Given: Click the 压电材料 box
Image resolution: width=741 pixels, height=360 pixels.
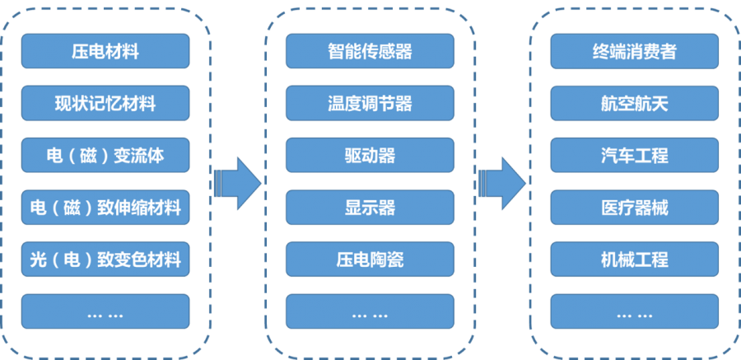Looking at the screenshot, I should click(x=105, y=51).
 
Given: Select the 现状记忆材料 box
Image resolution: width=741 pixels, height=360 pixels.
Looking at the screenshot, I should click(x=105, y=103).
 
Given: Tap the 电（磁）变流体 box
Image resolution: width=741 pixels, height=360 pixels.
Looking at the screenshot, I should click(x=105, y=155).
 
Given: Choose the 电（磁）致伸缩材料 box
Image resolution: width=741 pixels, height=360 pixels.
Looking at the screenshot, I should click(x=105, y=207).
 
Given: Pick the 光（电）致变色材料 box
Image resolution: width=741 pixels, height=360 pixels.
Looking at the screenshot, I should click(x=105, y=259).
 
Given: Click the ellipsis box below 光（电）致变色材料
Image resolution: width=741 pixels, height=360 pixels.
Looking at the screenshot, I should click(x=105, y=311).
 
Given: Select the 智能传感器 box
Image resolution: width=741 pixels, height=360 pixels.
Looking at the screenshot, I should click(x=370, y=51).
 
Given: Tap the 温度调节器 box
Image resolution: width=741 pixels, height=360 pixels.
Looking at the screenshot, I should click(x=370, y=103).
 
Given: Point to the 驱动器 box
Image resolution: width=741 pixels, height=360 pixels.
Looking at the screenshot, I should click(x=370, y=155).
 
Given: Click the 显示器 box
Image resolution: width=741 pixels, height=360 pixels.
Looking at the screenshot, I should click(x=370, y=207).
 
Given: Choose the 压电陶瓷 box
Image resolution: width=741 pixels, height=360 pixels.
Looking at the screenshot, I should click(x=370, y=259).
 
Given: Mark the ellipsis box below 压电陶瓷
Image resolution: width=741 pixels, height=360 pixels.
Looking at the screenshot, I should click(x=370, y=311).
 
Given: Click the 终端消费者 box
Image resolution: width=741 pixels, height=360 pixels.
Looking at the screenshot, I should click(x=635, y=51).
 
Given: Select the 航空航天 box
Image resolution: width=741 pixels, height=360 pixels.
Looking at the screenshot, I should click(x=635, y=103).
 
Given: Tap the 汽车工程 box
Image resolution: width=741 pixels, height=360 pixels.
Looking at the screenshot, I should click(x=635, y=155).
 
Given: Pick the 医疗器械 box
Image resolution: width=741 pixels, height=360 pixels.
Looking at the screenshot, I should click(x=635, y=207).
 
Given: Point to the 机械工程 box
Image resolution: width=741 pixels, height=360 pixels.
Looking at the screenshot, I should click(x=635, y=259).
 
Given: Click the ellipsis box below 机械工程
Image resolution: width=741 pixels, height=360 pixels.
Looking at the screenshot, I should click(x=635, y=311).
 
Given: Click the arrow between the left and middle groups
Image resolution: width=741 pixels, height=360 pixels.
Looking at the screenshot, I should click(x=238, y=180).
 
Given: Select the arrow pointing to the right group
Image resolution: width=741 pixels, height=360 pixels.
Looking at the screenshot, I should click(x=502, y=180).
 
